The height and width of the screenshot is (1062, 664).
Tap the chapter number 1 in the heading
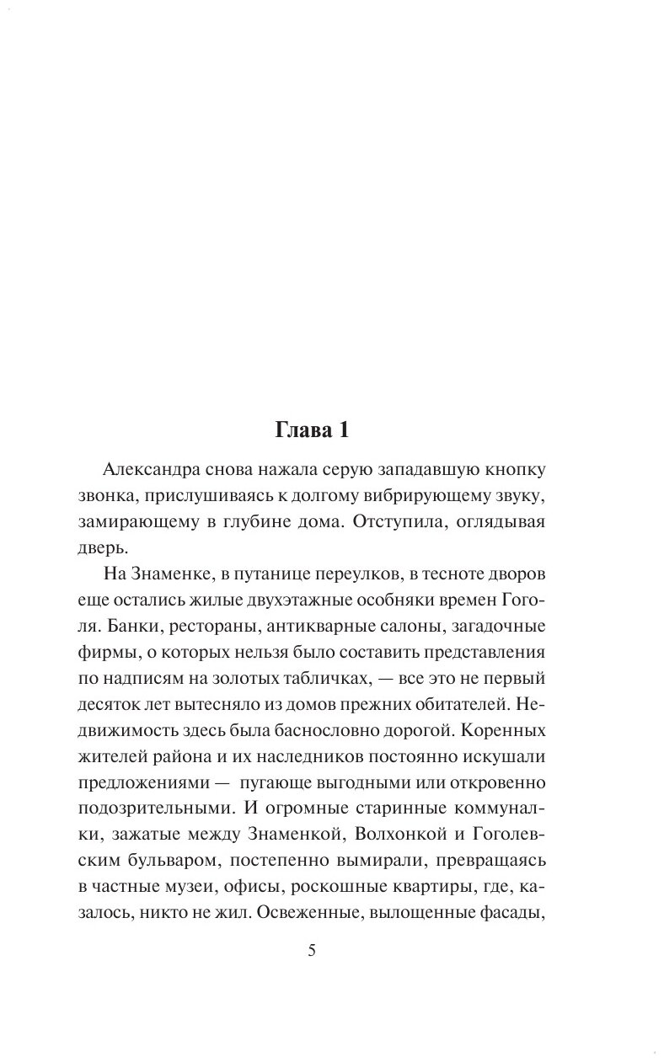click(343, 431)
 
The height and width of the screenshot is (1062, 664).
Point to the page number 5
click(312, 951)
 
